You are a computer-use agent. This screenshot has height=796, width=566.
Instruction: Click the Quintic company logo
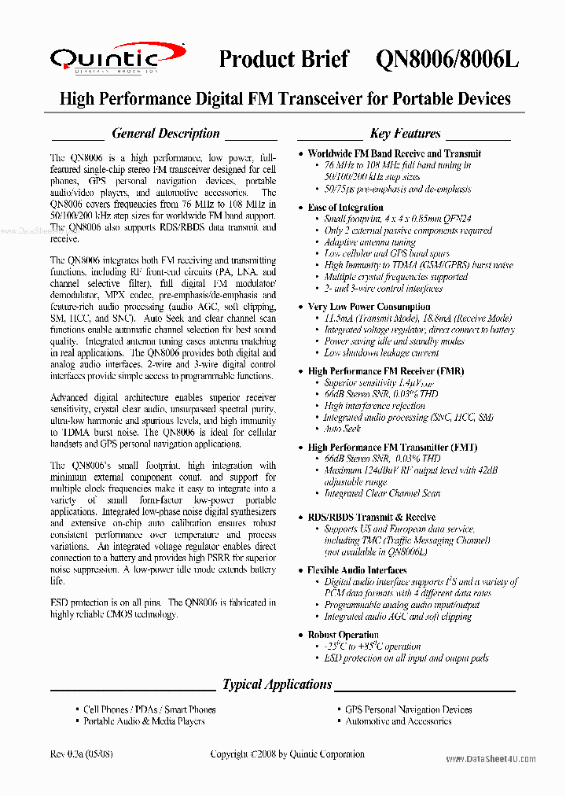point(106,59)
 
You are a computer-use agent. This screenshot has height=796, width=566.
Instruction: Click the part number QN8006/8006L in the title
point(447,60)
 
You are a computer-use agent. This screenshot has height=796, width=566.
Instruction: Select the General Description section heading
point(165,134)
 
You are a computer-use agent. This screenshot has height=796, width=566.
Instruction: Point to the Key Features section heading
point(405,134)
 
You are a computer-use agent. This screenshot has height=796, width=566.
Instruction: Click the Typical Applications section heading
point(277,684)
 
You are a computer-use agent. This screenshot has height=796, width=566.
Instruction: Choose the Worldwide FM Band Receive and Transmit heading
point(394,153)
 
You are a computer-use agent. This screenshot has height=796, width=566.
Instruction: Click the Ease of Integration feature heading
point(345,208)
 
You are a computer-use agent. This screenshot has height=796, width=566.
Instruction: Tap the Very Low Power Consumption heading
point(369,307)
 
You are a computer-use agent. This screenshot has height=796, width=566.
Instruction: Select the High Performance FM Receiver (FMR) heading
point(385,371)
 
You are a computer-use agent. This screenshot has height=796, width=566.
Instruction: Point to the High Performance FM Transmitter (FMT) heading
point(388,447)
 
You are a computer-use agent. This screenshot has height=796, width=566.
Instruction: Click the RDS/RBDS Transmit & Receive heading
point(371,517)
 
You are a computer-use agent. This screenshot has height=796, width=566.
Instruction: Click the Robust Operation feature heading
point(343,634)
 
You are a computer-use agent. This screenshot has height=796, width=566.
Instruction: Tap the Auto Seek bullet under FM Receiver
point(343,429)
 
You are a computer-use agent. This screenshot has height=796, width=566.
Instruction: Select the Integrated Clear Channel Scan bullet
point(384,494)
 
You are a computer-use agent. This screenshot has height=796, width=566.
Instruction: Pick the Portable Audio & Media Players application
point(144,721)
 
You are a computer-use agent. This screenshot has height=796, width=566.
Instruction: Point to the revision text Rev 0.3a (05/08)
point(81,754)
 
